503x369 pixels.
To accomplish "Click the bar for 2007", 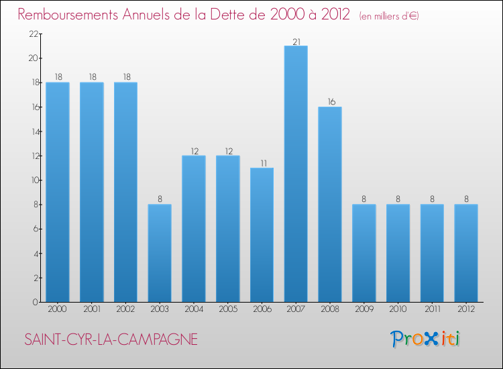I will (296, 174).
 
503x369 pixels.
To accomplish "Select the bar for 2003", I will (160, 253).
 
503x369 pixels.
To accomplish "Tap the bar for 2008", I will (330, 204).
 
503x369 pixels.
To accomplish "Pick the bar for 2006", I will (262, 235).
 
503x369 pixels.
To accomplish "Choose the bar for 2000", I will (57, 192).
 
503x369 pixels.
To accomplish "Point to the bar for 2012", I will (466, 253).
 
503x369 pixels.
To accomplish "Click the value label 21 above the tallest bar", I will (296, 41).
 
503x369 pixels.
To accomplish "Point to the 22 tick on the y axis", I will (32, 34).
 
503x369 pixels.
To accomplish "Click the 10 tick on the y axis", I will (32, 180).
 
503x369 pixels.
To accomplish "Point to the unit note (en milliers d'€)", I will (388, 15).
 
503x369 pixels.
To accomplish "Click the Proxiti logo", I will (425, 339).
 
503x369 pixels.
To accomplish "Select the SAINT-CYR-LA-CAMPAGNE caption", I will (111, 340).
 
